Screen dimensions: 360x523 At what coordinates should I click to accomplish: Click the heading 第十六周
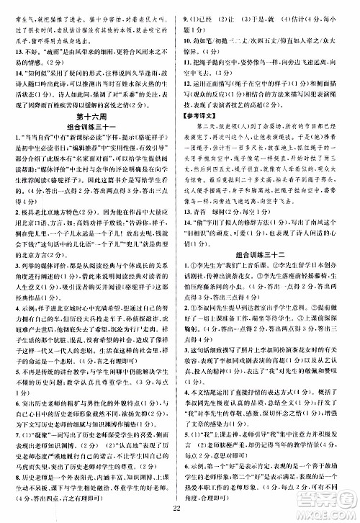tap(91, 114)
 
